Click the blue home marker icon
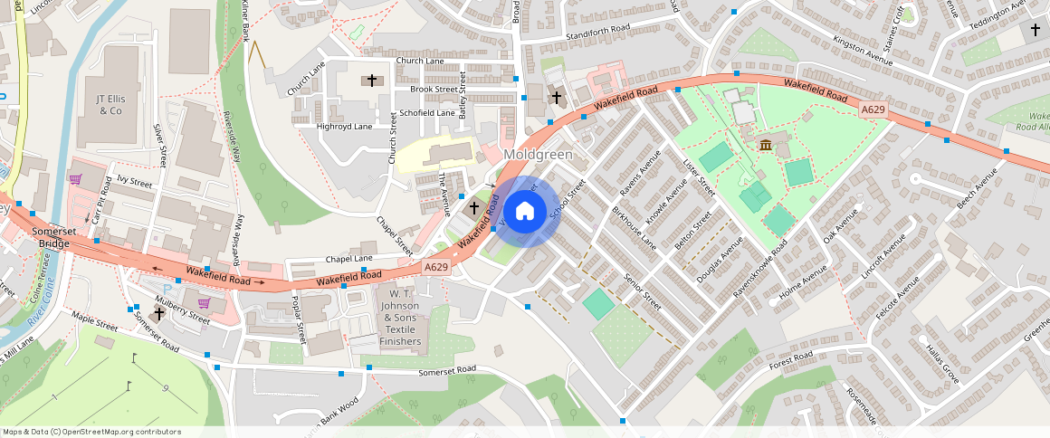point(524,212)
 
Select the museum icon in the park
point(766,146)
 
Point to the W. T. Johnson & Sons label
point(401,318)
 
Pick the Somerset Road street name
point(446,371)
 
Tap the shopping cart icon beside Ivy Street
point(75,178)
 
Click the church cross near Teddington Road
point(1036,30)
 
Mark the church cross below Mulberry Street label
point(159,313)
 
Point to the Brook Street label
point(434,90)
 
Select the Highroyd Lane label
point(344,127)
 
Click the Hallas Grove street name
point(942,361)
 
